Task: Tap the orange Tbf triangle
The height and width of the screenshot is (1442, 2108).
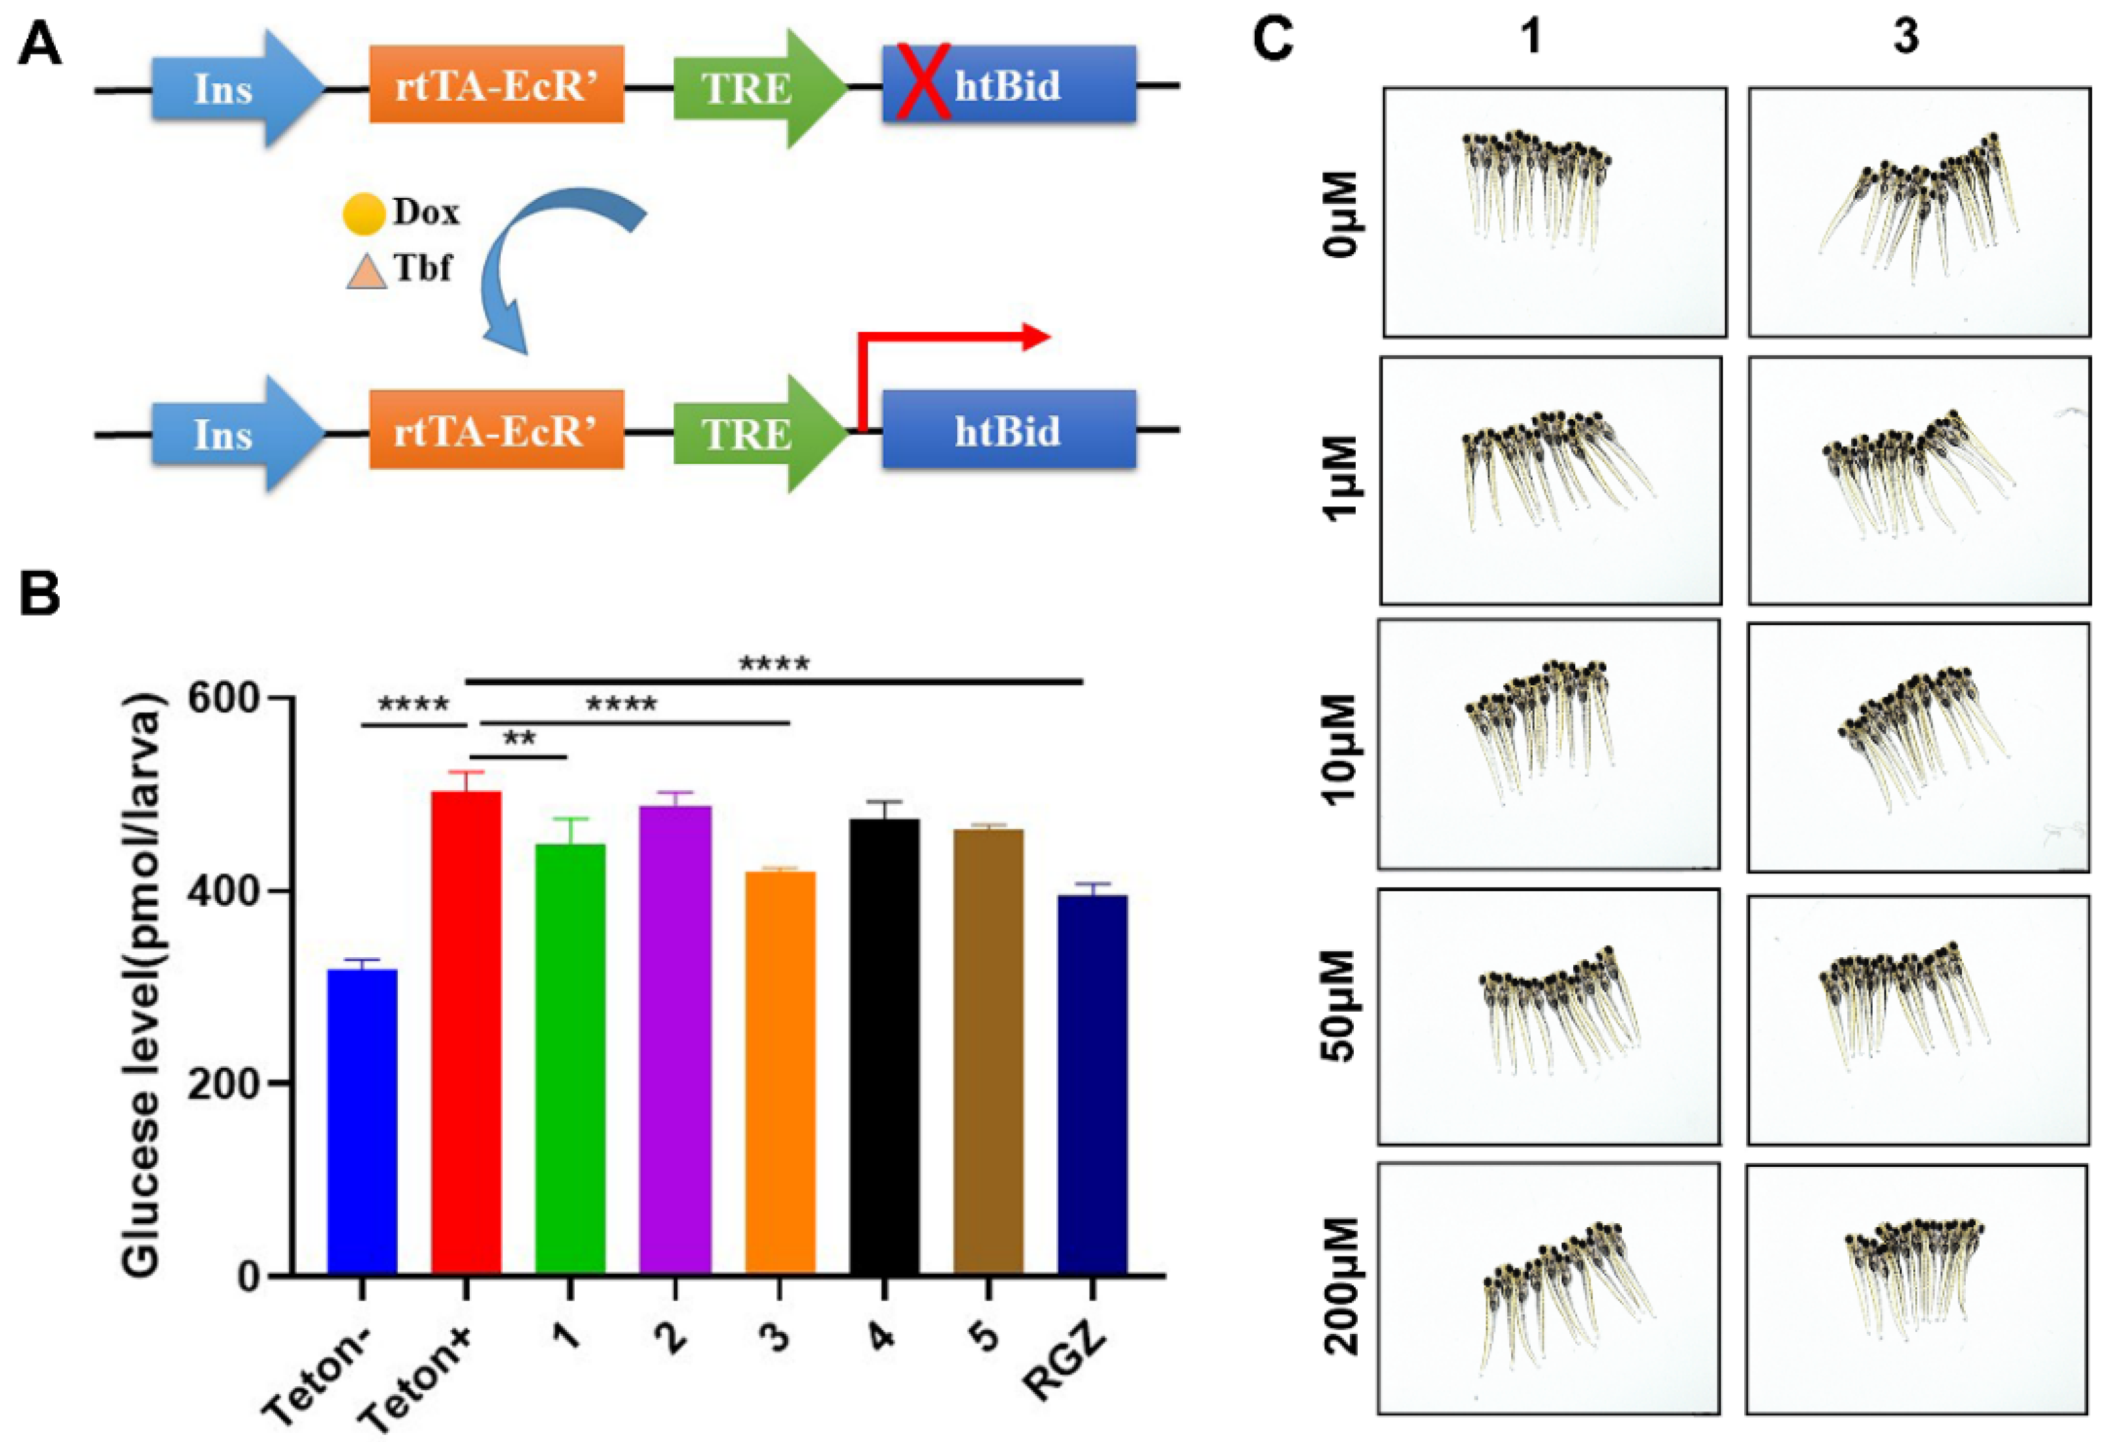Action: coord(366,271)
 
